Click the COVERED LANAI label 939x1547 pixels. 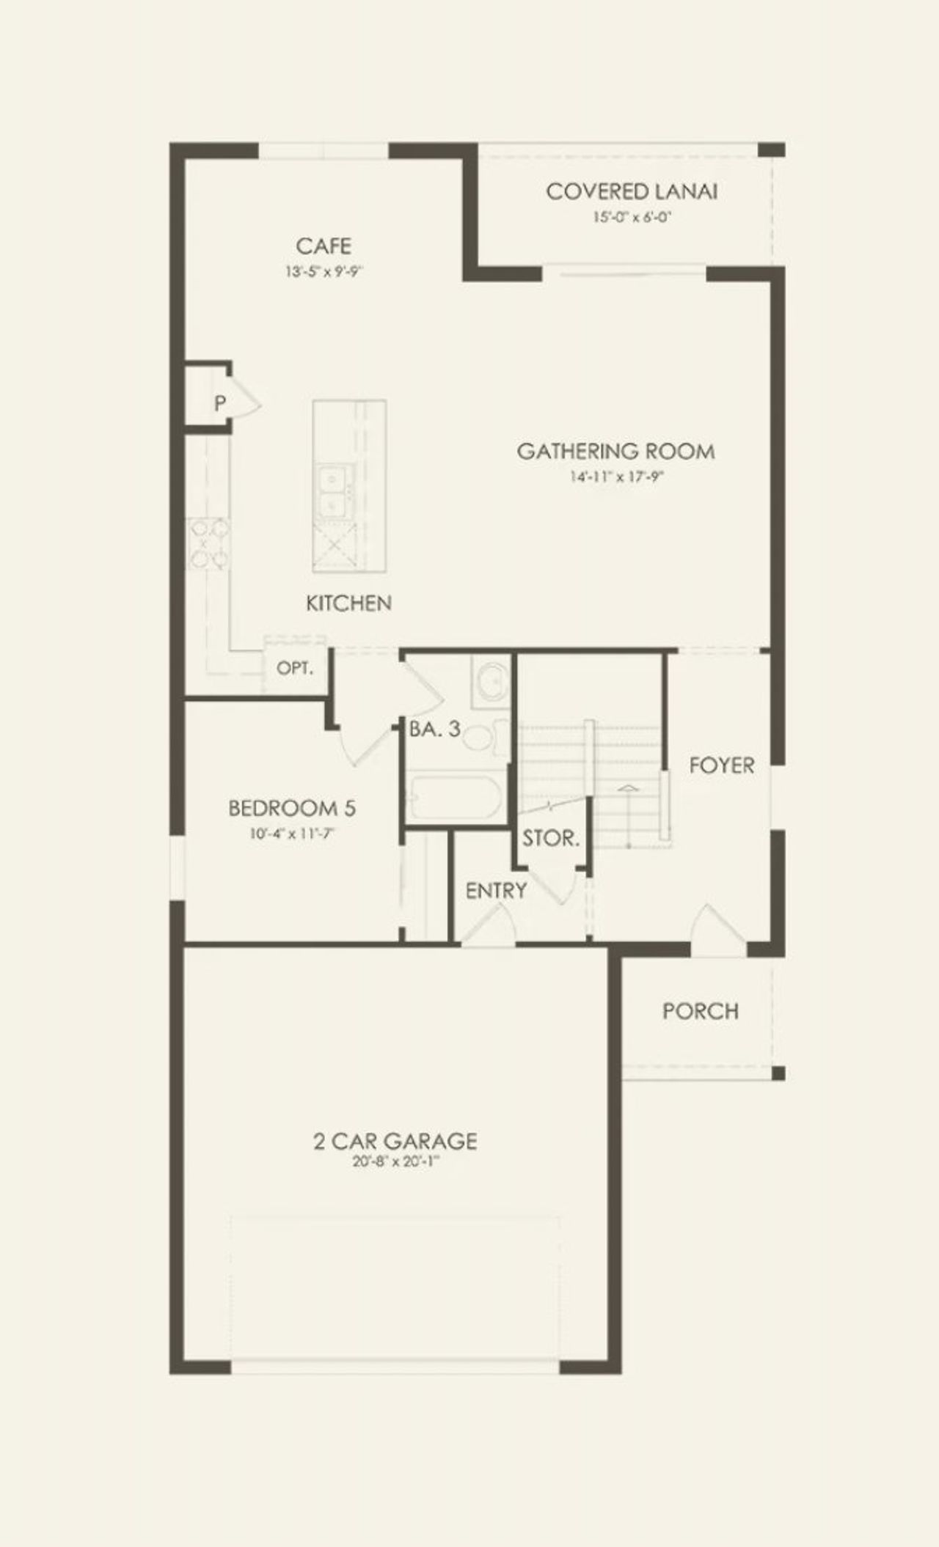631,191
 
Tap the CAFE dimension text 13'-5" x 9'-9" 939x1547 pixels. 324,272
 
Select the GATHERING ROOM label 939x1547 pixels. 615,451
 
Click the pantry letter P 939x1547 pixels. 219,403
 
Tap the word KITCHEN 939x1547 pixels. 348,603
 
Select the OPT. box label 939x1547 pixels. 294,669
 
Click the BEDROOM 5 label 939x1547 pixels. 292,808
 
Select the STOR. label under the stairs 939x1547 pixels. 551,838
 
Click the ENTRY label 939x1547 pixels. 496,891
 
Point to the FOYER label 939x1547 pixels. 721,765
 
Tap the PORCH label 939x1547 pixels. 700,1011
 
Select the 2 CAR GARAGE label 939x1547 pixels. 395,1141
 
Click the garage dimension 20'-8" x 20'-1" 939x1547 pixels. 395,1162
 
